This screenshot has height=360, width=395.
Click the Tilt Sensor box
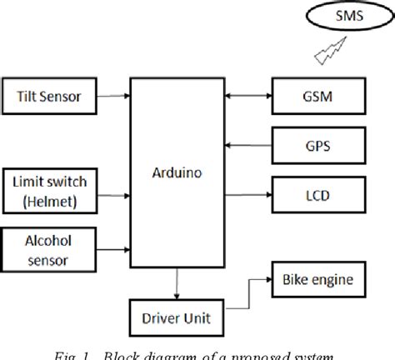(50, 97)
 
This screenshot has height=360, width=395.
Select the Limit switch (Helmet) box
(50, 190)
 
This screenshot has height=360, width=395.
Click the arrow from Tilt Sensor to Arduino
(113, 97)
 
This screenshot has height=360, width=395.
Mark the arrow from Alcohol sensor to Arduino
(113, 247)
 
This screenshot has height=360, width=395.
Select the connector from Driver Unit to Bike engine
(250, 287)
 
